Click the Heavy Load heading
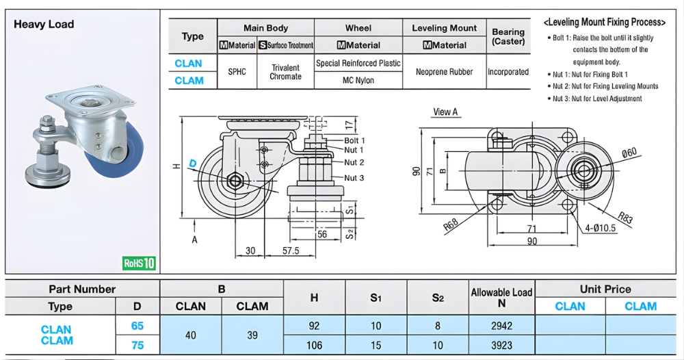(x=44, y=24)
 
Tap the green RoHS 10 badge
(x=140, y=263)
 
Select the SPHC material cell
(x=237, y=72)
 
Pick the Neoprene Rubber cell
(x=443, y=72)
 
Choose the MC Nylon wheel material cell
(x=358, y=81)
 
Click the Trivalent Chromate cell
(x=285, y=72)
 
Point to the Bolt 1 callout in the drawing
(x=354, y=140)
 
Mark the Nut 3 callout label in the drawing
(x=354, y=178)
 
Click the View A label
(x=445, y=112)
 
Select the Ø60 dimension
(x=629, y=152)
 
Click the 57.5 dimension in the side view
(x=291, y=250)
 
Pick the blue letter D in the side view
(x=193, y=163)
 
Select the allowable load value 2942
(x=502, y=326)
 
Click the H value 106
(x=314, y=345)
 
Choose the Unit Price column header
(x=605, y=289)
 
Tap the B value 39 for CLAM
(x=252, y=335)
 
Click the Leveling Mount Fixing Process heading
(x=604, y=22)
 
